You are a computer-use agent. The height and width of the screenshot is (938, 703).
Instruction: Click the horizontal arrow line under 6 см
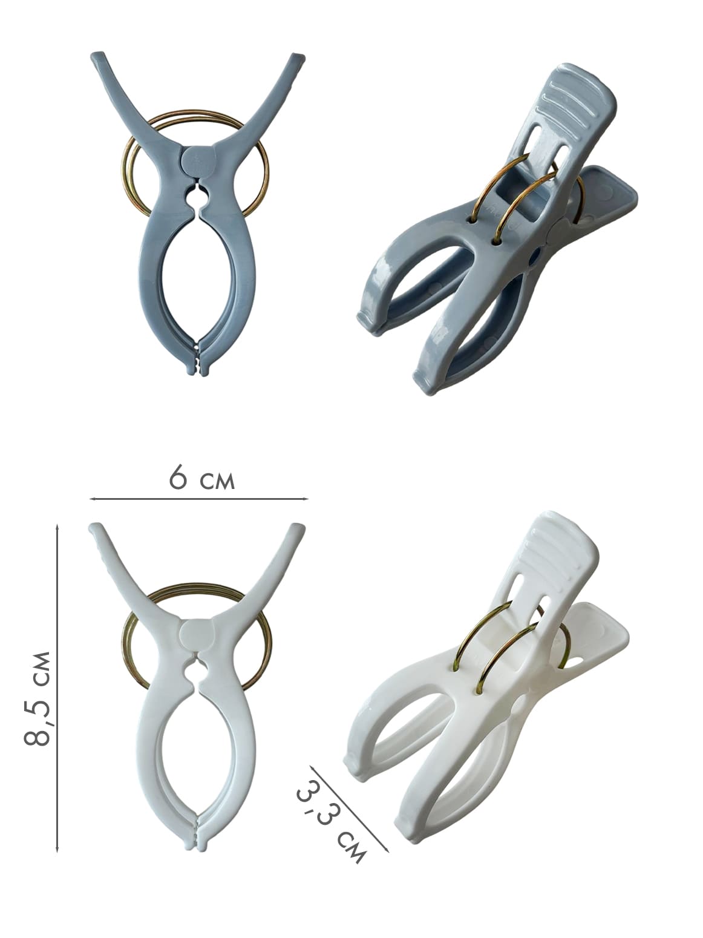tap(199, 499)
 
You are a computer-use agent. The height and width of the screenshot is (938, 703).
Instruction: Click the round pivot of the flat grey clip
tap(197, 160)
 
